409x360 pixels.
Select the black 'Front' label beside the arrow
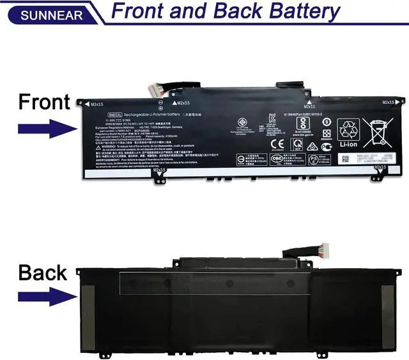43,102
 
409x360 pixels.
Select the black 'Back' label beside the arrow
42,273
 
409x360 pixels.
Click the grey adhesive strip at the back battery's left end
88,317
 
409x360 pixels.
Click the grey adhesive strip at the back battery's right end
387,317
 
